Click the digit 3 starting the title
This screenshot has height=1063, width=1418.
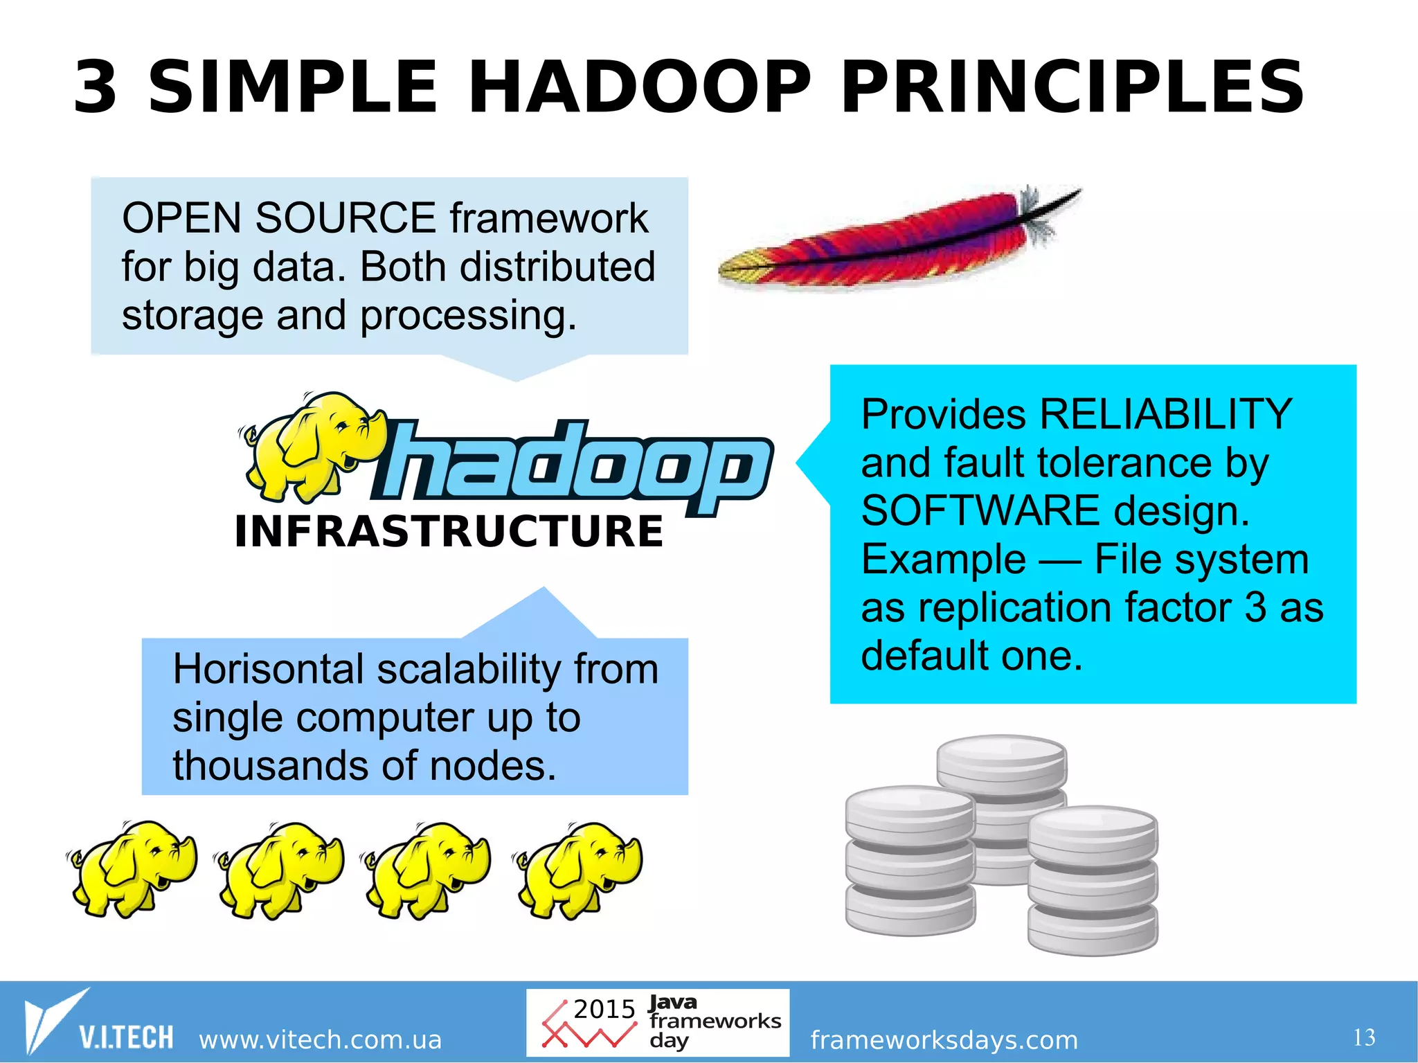pyautogui.click(x=96, y=88)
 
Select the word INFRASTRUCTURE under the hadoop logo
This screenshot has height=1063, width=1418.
pyautogui.click(x=449, y=532)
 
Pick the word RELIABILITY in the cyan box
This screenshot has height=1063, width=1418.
pyautogui.click(x=1166, y=414)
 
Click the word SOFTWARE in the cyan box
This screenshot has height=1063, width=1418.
pyautogui.click(x=980, y=511)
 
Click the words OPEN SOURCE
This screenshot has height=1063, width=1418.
pyautogui.click(x=278, y=218)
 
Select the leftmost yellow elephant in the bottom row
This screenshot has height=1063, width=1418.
pyautogui.click(x=132, y=869)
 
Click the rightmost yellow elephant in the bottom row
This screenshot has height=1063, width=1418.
pyautogui.click(x=578, y=869)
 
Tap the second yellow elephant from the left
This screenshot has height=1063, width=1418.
pyautogui.click(x=279, y=869)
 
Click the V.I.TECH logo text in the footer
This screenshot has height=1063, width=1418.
pyautogui.click(x=125, y=1037)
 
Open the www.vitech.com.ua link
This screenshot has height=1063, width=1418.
pyautogui.click(x=320, y=1039)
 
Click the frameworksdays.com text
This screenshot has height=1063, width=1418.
pyautogui.click(x=944, y=1039)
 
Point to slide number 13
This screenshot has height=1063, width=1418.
pyautogui.click(x=1363, y=1037)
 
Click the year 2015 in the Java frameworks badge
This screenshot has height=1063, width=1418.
pyautogui.click(x=604, y=1009)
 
